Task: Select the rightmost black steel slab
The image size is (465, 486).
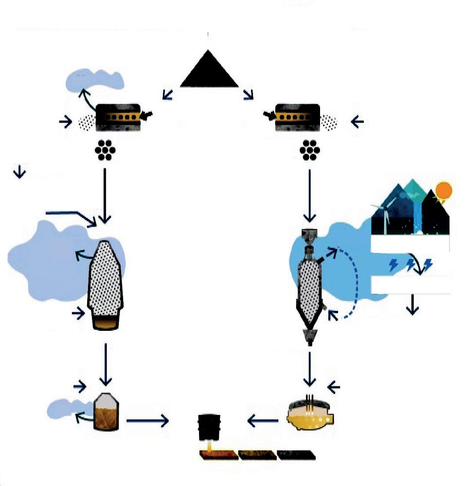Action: [x=296, y=455]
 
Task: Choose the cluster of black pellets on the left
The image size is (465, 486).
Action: [x=105, y=150]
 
